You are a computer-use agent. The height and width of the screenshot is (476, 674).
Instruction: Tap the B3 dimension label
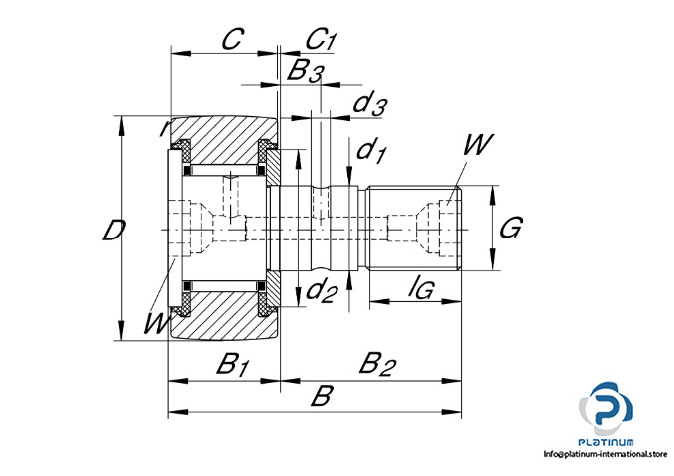click(x=305, y=71)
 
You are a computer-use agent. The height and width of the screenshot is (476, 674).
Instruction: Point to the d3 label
click(x=370, y=102)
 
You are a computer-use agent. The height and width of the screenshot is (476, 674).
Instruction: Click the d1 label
click(x=371, y=151)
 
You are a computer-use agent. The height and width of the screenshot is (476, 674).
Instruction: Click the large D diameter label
click(x=114, y=231)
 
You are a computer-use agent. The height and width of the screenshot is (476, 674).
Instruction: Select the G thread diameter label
click(x=509, y=229)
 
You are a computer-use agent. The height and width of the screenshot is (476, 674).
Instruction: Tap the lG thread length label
click(x=421, y=289)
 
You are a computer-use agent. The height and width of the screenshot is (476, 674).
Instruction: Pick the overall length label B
click(x=320, y=396)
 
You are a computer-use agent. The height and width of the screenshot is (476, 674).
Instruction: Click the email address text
click(x=604, y=455)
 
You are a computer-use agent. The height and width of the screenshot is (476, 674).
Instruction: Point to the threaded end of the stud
click(x=414, y=230)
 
